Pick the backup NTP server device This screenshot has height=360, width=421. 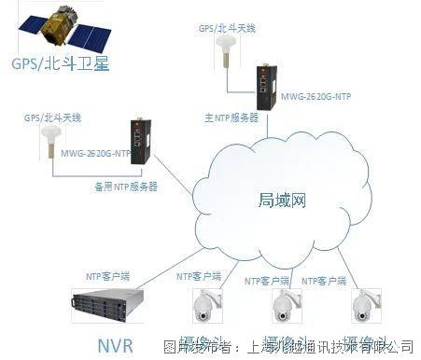click(141, 140)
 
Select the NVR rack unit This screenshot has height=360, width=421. click(110, 302)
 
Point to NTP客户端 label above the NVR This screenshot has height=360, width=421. click(108, 276)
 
